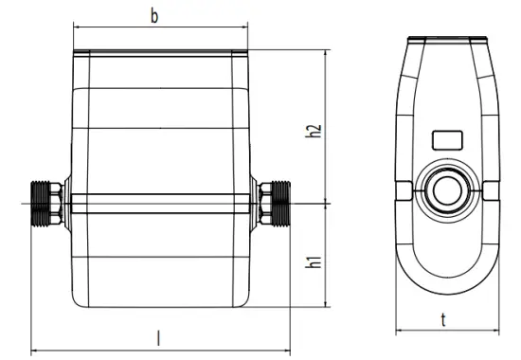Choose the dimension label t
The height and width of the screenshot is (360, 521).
pos(445,319)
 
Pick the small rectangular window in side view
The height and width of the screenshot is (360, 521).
pos(445,139)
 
